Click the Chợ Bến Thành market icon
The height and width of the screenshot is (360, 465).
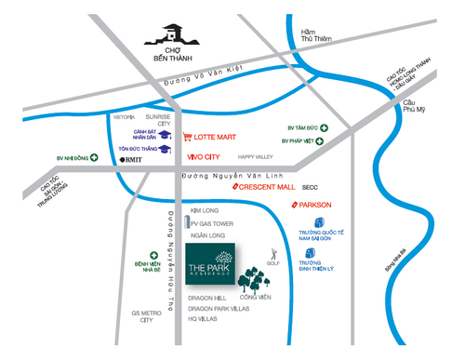[173, 35]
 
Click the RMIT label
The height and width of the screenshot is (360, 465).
[130, 160]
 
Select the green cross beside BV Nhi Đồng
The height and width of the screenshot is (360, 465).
[95, 159]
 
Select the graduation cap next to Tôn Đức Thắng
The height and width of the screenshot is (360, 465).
[165, 148]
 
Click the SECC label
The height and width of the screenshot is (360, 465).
[323, 187]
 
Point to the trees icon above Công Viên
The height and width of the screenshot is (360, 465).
[252, 278]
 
